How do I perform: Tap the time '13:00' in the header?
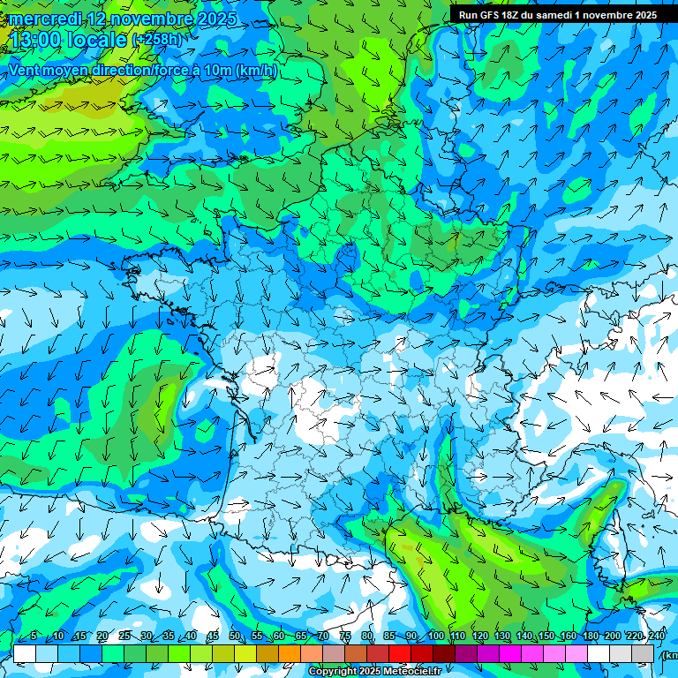[33, 39]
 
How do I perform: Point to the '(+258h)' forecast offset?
[156, 40]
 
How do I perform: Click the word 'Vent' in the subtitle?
[26, 71]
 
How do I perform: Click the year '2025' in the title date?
[215, 19]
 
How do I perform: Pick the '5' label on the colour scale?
[33, 637]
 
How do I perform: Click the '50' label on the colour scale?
[235, 637]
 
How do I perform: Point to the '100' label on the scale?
[435, 637]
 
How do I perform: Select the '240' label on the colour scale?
[657, 637]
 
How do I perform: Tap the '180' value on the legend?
[589, 637]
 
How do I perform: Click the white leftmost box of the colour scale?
[25, 653]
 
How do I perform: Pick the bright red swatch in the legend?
[400, 653]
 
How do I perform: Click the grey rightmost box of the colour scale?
[643, 653]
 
